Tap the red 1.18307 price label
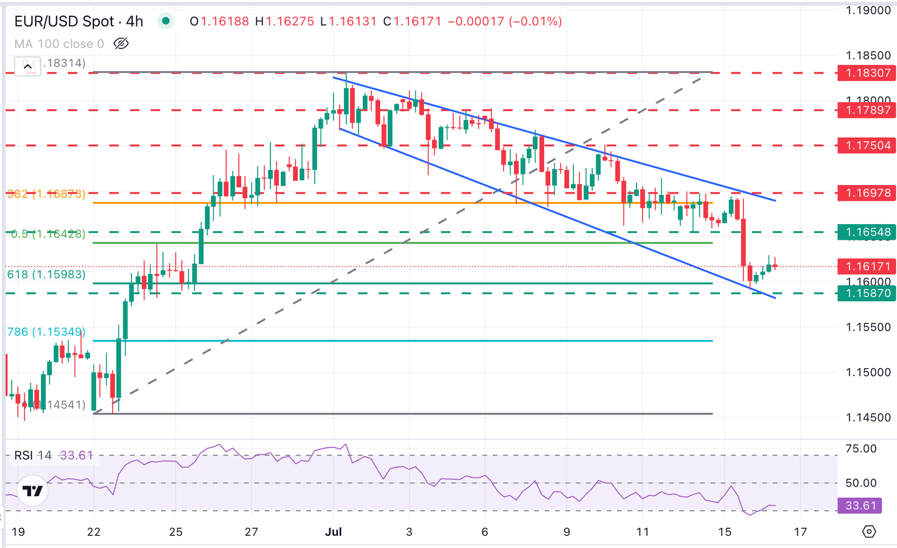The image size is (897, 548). click(x=866, y=73)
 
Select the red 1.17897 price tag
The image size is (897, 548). click(x=866, y=110)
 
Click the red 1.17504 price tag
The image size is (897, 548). click(x=866, y=145)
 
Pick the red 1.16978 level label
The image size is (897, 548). click(x=866, y=193)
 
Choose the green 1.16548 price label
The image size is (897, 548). click(x=866, y=232)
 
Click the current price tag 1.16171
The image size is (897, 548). click(x=866, y=267)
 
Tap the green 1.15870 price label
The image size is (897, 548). click(x=866, y=293)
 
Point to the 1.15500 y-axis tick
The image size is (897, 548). click(x=868, y=327)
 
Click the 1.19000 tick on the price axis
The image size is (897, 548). click(x=868, y=11)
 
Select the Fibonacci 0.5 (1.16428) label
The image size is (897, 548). click(x=48, y=233)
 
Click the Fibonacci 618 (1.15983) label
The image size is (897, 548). click(x=46, y=274)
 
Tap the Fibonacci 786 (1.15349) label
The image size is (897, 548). click(x=46, y=331)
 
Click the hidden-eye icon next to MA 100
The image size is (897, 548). click(x=121, y=44)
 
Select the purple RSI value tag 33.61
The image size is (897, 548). click(x=860, y=505)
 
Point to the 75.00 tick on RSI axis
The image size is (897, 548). click(x=861, y=449)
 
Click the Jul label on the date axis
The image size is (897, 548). click(x=333, y=532)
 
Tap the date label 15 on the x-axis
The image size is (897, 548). click(x=724, y=532)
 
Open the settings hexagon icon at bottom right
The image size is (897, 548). click(x=869, y=532)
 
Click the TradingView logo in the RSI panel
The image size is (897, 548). click(x=33, y=491)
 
